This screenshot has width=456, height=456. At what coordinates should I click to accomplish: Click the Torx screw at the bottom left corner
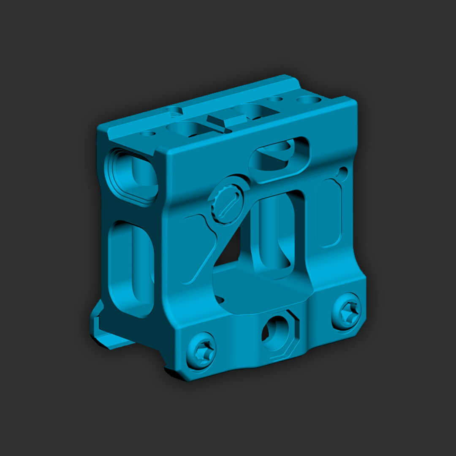pyautogui.click(x=201, y=350)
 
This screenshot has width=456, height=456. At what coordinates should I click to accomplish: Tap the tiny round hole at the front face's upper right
pyautogui.click(x=343, y=172)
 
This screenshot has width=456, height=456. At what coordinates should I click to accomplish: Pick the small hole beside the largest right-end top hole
pyautogui.click(x=275, y=100)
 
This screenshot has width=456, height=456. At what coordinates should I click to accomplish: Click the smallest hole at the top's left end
pyautogui.click(x=148, y=134)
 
